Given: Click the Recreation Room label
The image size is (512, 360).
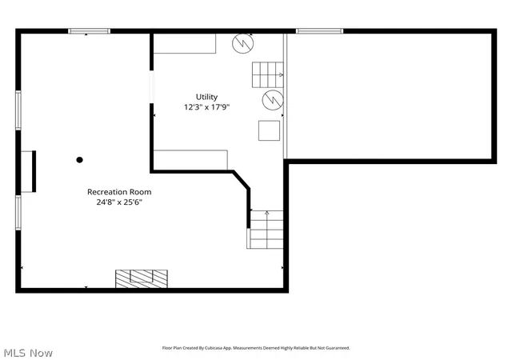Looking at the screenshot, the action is [119, 192].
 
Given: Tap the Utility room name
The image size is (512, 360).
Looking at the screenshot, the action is [206, 97].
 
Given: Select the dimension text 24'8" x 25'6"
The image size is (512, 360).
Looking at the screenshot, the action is [119, 202].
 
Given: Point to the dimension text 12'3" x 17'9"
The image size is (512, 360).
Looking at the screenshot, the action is [206, 107].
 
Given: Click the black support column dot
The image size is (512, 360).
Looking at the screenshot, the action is [79, 160].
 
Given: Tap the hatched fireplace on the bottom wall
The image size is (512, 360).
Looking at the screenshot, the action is [142, 278].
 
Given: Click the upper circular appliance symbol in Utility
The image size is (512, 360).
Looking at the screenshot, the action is [243, 43].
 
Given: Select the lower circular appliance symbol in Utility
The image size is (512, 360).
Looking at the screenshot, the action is [273, 100].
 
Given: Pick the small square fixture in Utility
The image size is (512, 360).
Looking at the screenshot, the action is [269, 130].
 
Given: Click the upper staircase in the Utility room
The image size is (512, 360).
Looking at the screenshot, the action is [268, 75].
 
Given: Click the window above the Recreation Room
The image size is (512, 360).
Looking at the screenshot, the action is [89, 31].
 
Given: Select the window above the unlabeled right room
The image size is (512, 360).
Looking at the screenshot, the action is [320, 31].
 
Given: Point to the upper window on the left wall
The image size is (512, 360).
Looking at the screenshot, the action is [18, 110].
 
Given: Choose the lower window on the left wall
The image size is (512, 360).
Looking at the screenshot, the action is [18, 212].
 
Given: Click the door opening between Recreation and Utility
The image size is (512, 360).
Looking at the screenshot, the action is [151, 87].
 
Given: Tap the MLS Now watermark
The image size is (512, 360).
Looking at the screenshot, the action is [28, 353].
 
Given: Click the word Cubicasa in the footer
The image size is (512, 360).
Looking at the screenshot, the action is [214, 348].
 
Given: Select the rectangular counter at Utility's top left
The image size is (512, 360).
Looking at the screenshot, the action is [185, 43].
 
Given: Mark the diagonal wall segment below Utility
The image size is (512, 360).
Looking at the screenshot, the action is [242, 179].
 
